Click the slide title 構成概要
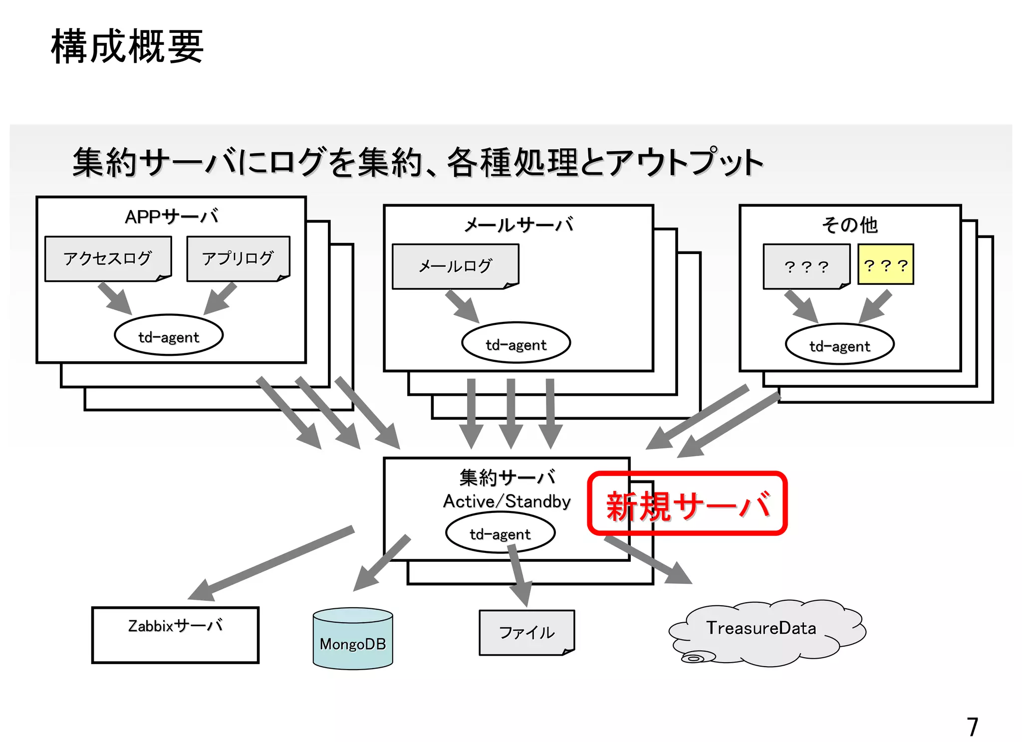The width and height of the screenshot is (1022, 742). coord(127,46)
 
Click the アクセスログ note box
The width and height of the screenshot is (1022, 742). coord(108,258)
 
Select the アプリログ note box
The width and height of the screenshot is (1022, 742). coord(238,258)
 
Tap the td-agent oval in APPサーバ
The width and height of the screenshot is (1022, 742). coord(169,335)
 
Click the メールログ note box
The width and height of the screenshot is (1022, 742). coord(455,266)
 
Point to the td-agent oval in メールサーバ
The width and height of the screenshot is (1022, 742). coord(516,343)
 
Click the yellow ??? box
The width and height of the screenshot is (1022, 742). coord(885,264)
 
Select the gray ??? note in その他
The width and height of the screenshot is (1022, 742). coord(806,266)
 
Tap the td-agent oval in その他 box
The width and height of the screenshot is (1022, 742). coord(839,345)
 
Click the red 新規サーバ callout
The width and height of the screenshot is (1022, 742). coord(687,504)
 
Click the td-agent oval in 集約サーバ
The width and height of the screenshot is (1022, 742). coord(500,533)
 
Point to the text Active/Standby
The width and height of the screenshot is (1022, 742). coord(507,501)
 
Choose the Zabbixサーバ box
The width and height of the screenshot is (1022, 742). coord(175,635)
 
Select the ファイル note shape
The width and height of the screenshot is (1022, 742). coord(526,633)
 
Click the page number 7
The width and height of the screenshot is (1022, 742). coord(972,727)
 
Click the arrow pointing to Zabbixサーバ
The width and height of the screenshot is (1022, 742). coord(272,563)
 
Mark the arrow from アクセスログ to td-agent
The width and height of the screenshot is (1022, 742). coord(115,298)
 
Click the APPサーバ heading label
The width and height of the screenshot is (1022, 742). coord(171,217)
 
